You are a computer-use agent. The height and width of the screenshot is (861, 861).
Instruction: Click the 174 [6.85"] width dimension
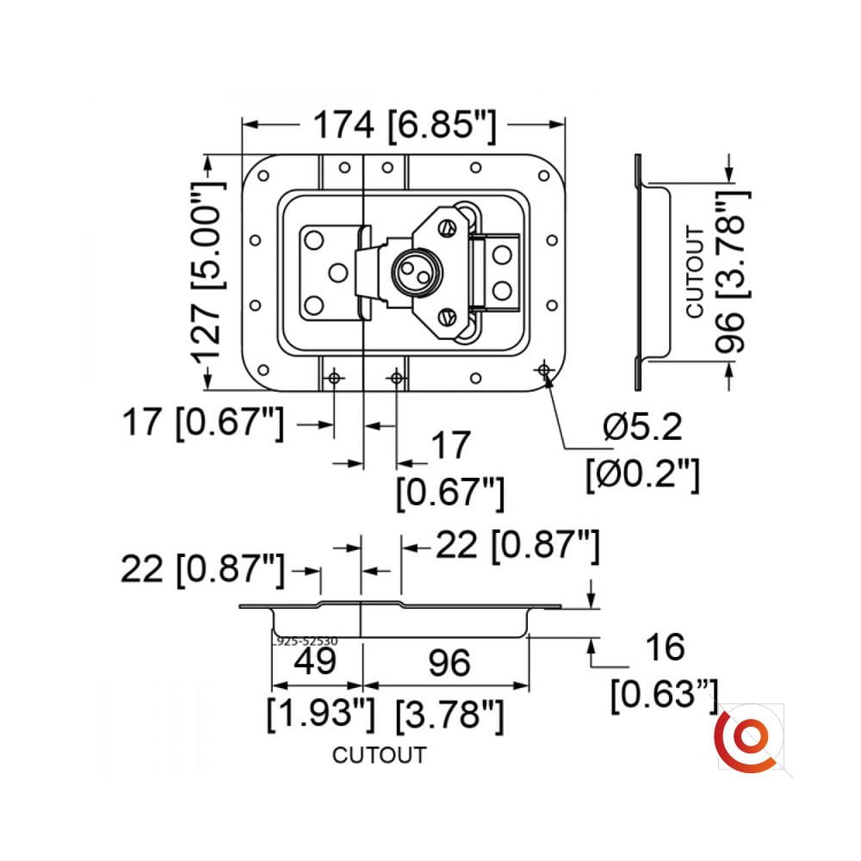click(404, 127)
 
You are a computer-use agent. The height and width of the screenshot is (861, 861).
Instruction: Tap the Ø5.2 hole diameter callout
click(642, 426)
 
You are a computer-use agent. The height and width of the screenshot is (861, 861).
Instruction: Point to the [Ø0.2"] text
click(641, 473)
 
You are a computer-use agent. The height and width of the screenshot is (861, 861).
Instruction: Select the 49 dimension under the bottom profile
click(314, 664)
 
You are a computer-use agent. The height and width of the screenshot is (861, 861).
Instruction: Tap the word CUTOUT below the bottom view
click(379, 756)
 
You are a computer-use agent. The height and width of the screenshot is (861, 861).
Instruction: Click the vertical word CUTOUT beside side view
click(695, 271)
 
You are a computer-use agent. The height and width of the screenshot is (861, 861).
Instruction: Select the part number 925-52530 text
click(306, 641)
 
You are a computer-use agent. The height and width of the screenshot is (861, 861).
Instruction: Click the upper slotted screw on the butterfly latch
click(445, 228)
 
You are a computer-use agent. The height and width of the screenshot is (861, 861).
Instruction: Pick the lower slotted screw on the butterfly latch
click(445, 318)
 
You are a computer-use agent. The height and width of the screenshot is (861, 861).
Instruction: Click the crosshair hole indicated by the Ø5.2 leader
click(543, 369)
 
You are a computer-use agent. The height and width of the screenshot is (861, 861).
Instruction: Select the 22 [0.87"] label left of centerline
click(202, 569)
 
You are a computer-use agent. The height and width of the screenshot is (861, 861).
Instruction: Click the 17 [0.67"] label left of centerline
click(202, 424)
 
